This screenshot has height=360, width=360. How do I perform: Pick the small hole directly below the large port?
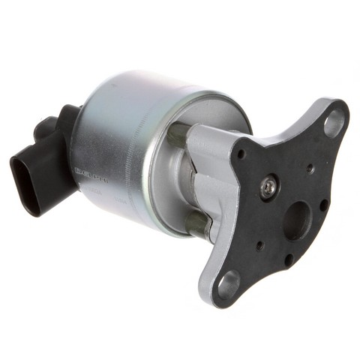pyautogui.click(x=289, y=258)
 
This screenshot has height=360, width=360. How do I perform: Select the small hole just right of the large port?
pyautogui.click(x=323, y=203)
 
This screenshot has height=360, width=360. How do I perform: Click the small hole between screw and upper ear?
pyautogui.click(x=310, y=169)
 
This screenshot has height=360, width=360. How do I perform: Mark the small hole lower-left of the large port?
pyautogui.click(x=259, y=244)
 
